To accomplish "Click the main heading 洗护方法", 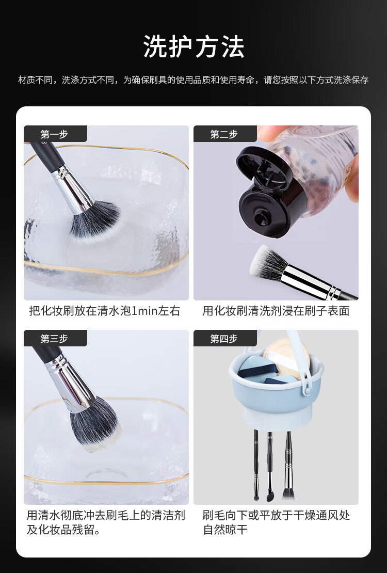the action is tap(193, 47).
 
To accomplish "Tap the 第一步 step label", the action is tap(55, 134).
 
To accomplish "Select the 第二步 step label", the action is tap(223, 134).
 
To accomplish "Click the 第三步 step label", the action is tap(55, 339).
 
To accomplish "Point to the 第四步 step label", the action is tap(223, 339).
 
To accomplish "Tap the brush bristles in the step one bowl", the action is tap(94, 221).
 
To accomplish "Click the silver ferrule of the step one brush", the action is tap(72, 189).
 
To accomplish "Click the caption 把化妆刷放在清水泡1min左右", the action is tap(105, 311).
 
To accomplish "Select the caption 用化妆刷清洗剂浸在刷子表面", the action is tap(276, 311).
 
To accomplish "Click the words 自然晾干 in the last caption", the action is tap(225, 530).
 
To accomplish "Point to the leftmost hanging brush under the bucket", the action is tap(256, 465).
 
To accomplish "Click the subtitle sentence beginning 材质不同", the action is tap(193, 79).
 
